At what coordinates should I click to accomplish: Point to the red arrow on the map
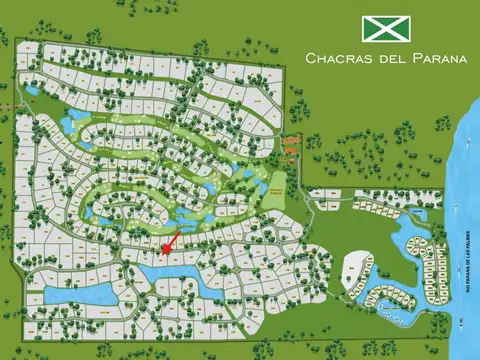tap(170, 240)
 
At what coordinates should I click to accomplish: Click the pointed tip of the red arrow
tap(163, 249)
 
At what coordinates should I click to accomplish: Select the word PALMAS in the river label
tap(467, 246)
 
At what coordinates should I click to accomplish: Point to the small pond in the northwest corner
tap(31, 91)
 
